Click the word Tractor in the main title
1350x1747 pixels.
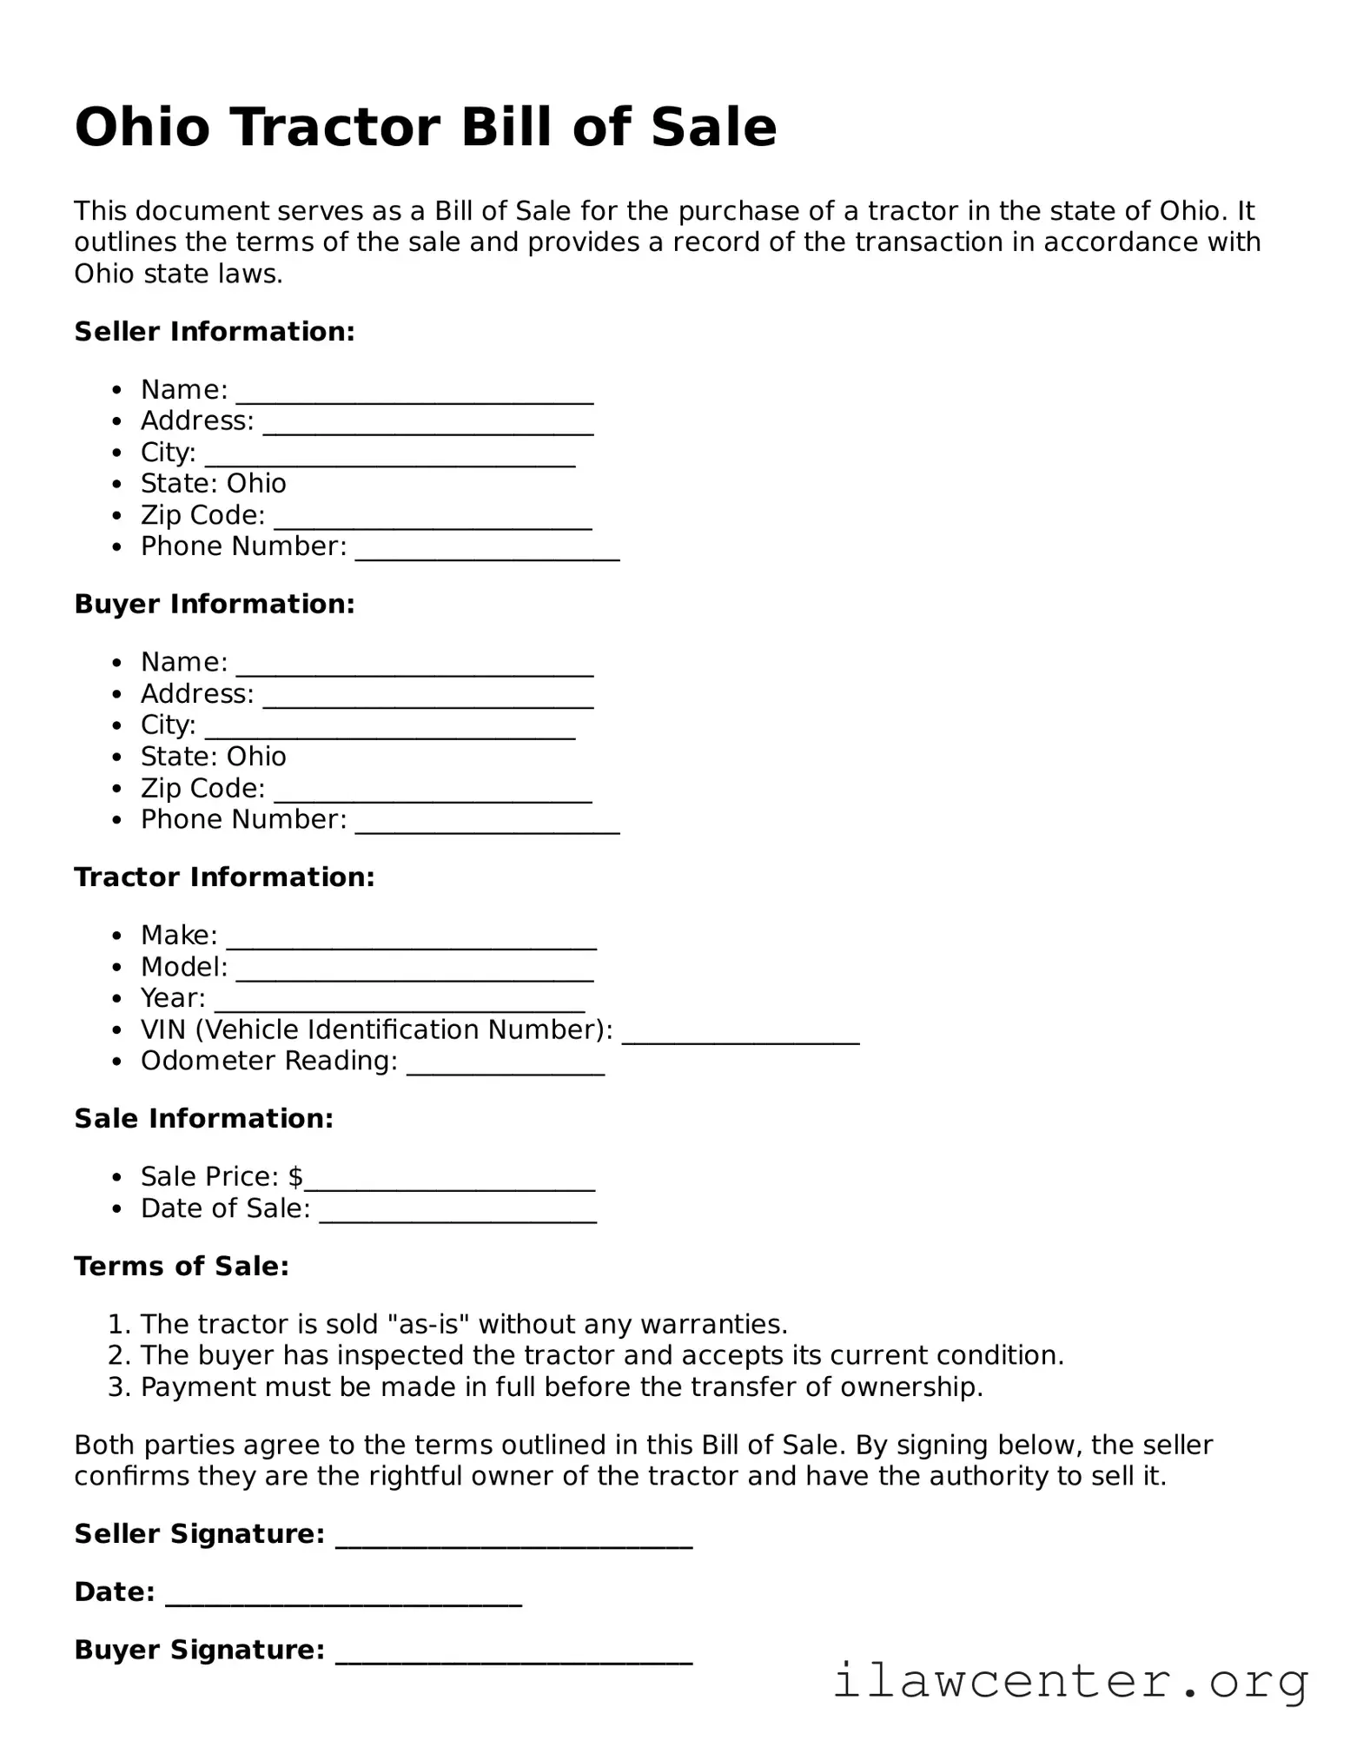(337, 128)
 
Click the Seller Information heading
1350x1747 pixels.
(215, 332)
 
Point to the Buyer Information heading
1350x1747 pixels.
(215, 605)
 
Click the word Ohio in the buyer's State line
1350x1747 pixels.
(256, 757)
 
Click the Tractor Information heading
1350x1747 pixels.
(224, 877)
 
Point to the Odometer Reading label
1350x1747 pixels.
(268, 1062)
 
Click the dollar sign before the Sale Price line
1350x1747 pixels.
(295, 1177)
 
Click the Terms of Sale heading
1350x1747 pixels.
(182, 1267)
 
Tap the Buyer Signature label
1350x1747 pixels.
(199, 1650)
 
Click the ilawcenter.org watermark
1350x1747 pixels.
(1070, 1681)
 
